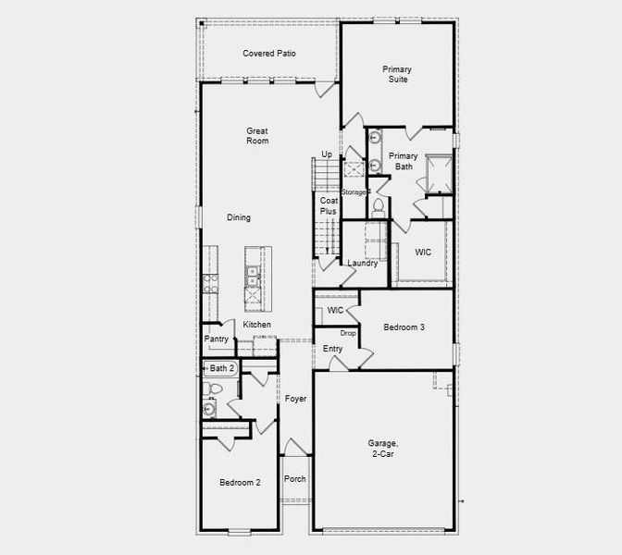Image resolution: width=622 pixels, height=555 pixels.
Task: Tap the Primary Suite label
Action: tap(397, 74)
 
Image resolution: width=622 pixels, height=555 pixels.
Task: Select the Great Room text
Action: tap(256, 136)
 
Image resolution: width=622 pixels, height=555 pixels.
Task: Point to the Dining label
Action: tap(239, 218)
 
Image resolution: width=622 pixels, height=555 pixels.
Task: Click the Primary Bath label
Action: tap(404, 161)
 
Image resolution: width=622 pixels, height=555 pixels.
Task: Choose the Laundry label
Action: tap(362, 264)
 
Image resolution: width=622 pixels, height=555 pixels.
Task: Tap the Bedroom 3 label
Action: tap(404, 327)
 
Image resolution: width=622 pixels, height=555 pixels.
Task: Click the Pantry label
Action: tap(216, 339)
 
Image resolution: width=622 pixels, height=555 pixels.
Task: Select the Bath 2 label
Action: tap(222, 368)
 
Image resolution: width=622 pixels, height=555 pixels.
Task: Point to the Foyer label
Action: tap(295, 399)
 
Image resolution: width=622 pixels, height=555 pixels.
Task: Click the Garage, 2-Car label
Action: tap(382, 450)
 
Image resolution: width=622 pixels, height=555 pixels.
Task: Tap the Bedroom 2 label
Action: tap(240, 483)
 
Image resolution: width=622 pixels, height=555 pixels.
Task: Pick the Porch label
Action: tap(294, 479)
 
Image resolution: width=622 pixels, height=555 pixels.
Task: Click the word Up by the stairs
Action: tap(327, 154)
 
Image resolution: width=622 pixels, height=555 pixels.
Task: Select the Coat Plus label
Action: tap(329, 205)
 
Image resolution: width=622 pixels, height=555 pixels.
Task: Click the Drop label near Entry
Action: tap(348, 333)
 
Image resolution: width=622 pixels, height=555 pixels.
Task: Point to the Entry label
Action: tap(332, 349)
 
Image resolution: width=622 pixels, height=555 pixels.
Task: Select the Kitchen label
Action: tap(257, 325)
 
